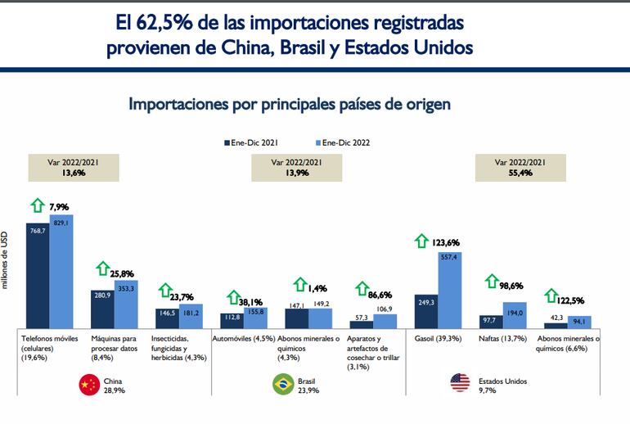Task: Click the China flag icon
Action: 87,386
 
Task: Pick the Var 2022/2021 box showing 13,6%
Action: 73,168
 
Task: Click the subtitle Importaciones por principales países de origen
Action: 290,105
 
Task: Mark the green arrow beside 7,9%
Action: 37,206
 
